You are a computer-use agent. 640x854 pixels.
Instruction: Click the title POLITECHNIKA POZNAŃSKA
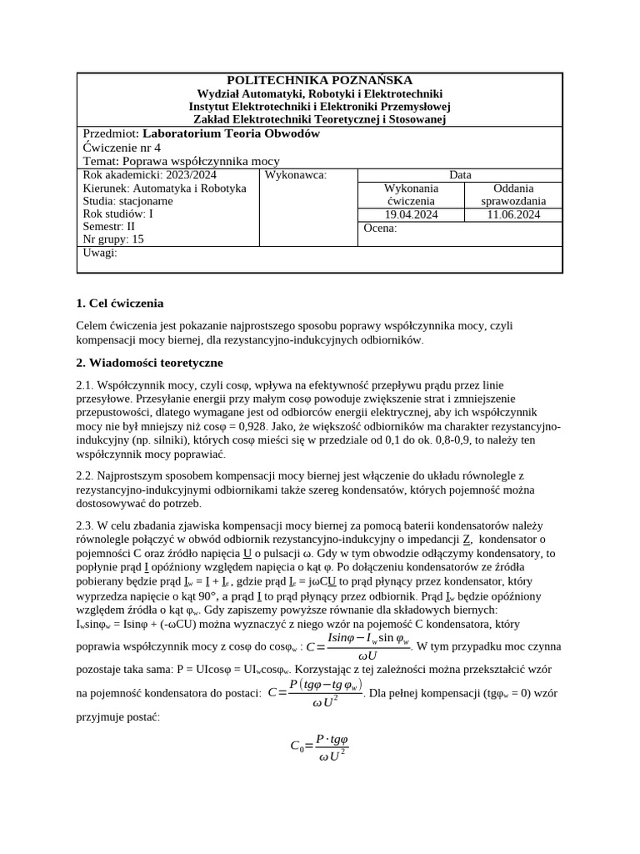pos(319,80)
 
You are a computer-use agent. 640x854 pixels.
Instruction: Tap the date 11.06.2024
pos(513,214)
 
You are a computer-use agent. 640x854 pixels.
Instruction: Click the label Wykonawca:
pos(295,175)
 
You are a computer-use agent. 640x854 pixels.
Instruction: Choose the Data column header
pos(459,175)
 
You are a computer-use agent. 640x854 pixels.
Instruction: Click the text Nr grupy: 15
pos(113,239)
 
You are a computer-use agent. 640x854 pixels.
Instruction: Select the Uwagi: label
pos(100,252)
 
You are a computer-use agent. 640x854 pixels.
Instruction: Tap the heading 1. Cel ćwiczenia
pos(120,303)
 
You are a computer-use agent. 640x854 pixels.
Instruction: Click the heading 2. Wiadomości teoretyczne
pos(149,363)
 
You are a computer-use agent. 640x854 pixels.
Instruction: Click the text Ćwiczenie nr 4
pos(122,147)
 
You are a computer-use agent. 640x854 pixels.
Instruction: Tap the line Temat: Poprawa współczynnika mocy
pos(182,161)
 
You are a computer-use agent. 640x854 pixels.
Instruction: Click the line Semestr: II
pos(108,226)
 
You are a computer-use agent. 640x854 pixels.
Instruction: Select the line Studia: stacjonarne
pos(128,201)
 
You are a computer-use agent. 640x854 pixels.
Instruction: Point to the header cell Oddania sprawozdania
pos(513,194)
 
